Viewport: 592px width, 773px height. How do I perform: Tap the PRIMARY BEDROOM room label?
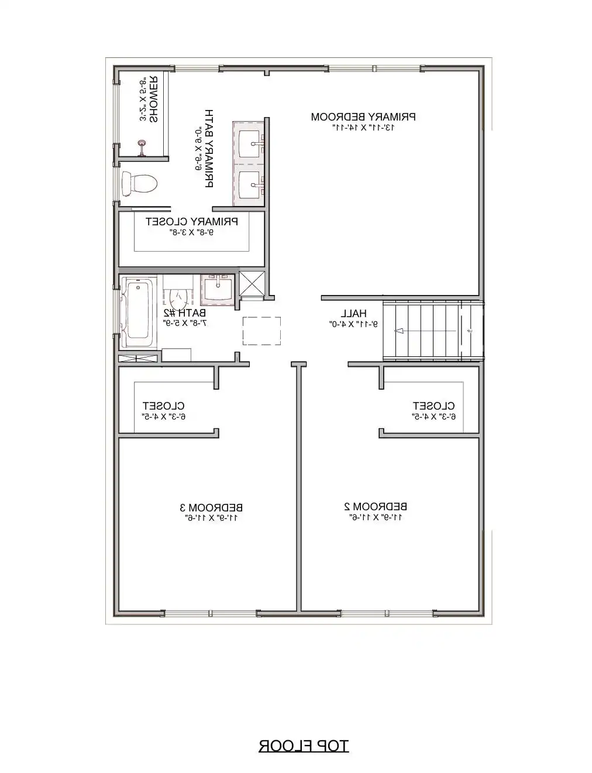363,116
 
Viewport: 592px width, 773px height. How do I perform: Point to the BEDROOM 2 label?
376,506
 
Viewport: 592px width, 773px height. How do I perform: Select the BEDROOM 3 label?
211,507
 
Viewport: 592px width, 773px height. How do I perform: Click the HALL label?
353,313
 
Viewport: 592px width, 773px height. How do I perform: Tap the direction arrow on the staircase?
400,331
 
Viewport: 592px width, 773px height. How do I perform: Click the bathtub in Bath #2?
138,310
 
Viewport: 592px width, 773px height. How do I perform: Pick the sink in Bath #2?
217,289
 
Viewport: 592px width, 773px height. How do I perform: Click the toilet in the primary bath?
139,184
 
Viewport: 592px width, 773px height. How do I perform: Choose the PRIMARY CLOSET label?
192,222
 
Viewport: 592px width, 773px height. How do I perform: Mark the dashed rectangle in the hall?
261,331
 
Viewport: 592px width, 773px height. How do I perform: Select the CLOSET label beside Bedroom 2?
433,406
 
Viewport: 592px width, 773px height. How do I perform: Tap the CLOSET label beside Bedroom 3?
164,406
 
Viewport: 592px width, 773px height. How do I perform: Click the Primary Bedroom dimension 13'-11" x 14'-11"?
363,127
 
